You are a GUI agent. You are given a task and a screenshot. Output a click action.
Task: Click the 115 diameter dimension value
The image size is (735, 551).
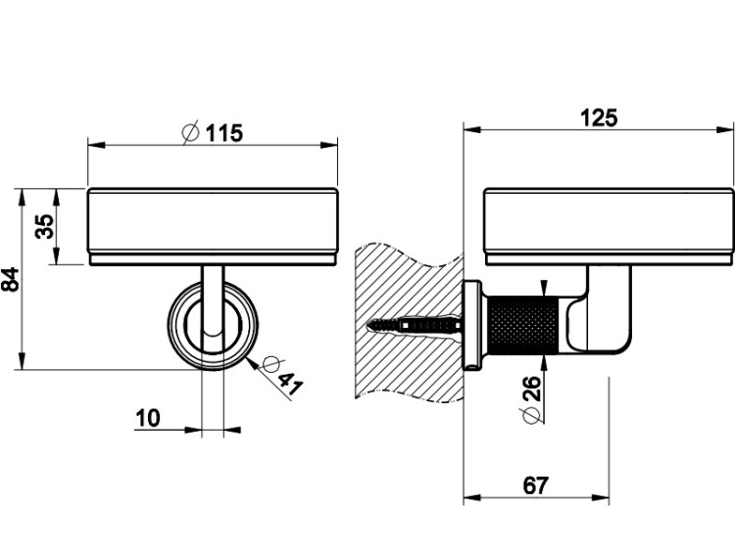224,133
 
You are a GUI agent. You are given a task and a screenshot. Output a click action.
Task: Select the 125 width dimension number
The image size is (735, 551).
599,117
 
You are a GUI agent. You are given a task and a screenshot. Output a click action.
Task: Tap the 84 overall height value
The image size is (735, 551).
11,280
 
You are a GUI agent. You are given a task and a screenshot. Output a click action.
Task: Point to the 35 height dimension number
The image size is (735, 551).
45,227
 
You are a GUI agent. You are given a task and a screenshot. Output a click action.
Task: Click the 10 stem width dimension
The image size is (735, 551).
148,418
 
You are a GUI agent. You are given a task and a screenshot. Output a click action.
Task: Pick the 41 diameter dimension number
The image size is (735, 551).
289,383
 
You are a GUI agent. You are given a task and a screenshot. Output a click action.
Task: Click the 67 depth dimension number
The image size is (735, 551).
535,485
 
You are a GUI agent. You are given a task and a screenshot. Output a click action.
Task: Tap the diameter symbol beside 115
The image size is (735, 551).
190,132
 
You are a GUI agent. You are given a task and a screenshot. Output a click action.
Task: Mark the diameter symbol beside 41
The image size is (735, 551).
271,364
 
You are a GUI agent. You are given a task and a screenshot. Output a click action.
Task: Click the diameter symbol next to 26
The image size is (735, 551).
530,416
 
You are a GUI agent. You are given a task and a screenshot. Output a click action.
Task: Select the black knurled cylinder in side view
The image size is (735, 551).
523,325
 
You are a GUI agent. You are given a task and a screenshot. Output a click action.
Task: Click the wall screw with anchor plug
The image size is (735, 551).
415,325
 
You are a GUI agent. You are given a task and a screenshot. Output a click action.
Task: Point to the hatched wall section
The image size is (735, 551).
409,322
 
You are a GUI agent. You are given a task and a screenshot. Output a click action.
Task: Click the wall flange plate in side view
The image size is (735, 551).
472,325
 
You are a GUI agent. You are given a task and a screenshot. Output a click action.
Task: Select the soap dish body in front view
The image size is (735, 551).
213,227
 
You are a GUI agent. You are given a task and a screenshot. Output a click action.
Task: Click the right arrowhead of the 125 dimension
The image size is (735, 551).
724,129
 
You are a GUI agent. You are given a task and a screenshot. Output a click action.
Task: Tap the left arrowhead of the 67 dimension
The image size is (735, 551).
472,497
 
